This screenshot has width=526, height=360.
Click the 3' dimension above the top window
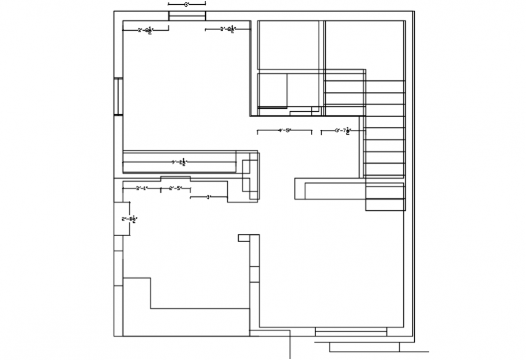(186, 5)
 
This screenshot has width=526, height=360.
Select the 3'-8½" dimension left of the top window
(144, 29)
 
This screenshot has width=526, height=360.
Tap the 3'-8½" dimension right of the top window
(228, 29)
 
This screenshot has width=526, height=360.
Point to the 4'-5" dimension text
(284, 130)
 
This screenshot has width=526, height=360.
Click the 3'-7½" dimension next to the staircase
(343, 130)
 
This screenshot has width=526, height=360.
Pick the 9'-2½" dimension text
(180, 162)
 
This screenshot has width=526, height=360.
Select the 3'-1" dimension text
(141, 188)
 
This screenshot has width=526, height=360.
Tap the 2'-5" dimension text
(175, 188)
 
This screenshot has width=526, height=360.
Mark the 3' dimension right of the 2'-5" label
(208, 197)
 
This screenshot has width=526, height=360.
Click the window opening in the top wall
(186, 16)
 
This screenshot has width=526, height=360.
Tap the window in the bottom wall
(351, 332)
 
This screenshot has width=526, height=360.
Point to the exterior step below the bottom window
(364, 347)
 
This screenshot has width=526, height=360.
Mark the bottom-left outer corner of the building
(114, 336)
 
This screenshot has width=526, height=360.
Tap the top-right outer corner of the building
(414, 11)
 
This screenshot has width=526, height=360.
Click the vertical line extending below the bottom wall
(290, 347)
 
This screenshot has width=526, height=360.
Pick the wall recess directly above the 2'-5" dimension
(175, 178)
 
